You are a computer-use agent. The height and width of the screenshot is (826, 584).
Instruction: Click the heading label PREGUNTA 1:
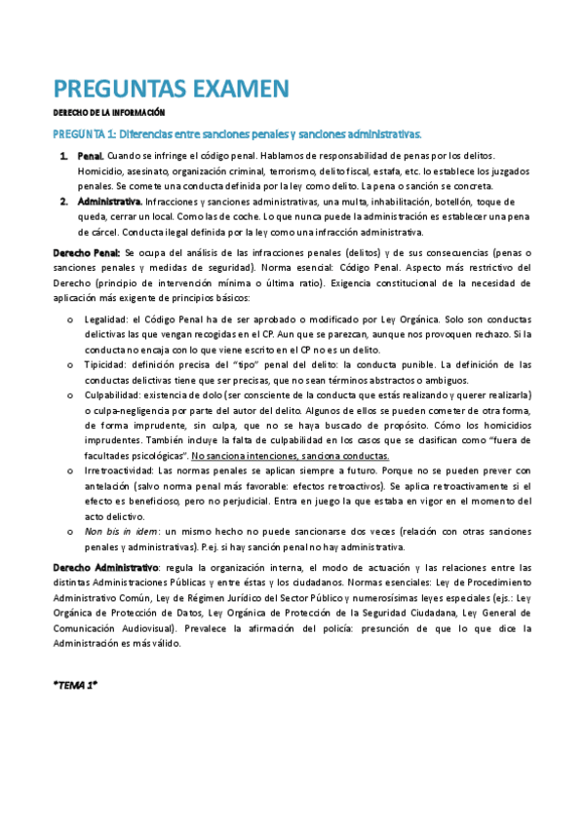pyautogui.click(x=84, y=133)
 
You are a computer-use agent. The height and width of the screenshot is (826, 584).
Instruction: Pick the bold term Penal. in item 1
pyautogui.click(x=90, y=156)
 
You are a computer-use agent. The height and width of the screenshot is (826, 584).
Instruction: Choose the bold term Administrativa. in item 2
pyautogui.click(x=110, y=202)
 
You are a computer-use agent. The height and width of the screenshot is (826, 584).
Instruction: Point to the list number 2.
pyautogui.click(x=62, y=202)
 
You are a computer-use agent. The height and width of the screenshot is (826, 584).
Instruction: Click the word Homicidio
pyautogui.click(x=101, y=171)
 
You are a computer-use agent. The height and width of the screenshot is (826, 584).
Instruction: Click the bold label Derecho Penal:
pyautogui.click(x=87, y=253)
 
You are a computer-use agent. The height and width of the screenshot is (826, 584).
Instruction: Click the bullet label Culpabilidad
pyautogui.click(x=112, y=396)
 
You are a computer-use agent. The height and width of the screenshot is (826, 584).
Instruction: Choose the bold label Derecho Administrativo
pyautogui.click(x=104, y=568)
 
